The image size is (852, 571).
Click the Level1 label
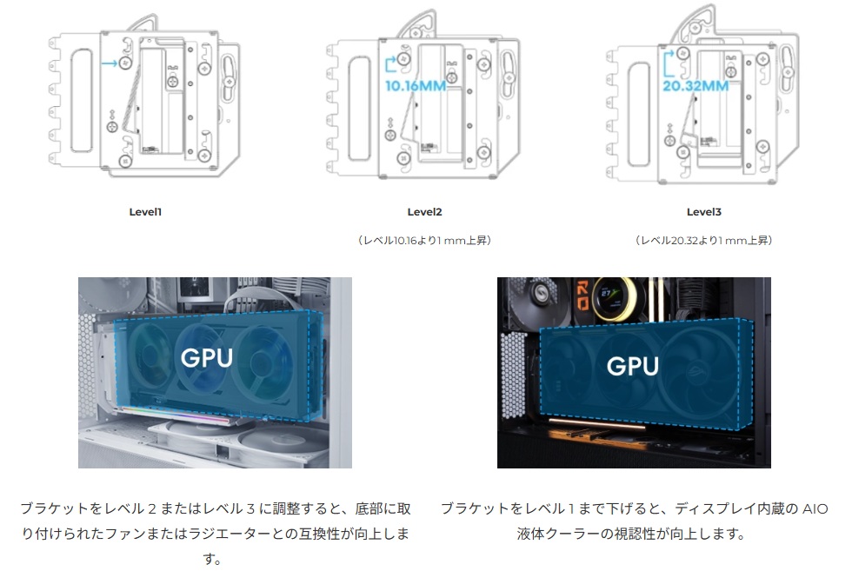145,212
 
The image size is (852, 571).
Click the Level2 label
424,212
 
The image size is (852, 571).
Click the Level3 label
703,212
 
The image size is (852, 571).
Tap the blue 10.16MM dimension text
416,86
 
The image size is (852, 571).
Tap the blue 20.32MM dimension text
696,86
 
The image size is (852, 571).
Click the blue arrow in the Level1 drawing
110,63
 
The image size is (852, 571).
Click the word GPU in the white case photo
207,357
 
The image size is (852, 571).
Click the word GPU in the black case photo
633,366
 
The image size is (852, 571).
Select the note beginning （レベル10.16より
424,240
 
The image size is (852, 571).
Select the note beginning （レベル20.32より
703,240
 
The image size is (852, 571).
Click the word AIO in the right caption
815,509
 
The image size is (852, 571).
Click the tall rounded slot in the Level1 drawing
82,101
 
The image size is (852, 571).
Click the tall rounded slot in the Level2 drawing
359,109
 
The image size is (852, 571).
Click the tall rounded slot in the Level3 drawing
638,114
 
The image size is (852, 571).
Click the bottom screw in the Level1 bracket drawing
125,162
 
